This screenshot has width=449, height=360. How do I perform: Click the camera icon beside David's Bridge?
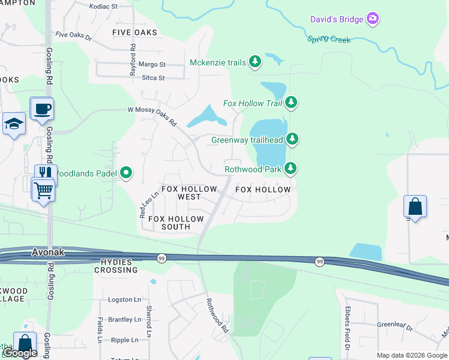pos(373,19)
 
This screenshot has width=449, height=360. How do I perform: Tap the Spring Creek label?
pos(329,40)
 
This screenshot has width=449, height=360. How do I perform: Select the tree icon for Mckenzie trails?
pos(256,62)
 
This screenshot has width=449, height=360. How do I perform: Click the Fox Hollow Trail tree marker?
pos(291,103)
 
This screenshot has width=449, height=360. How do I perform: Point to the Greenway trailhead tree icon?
pos(292,140)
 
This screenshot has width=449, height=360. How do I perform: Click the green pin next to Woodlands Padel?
pos(126,174)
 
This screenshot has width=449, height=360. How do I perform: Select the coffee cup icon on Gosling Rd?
pos(42,109)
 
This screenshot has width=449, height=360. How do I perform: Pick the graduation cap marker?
pos(14,124)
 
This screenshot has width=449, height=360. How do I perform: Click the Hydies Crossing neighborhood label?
pos(116,266)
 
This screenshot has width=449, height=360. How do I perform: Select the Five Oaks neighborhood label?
pos(135,32)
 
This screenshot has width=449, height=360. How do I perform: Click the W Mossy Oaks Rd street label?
pos(152,116)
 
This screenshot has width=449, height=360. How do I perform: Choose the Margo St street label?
pos(152,64)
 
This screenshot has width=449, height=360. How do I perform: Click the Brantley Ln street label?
pos(124,320)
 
